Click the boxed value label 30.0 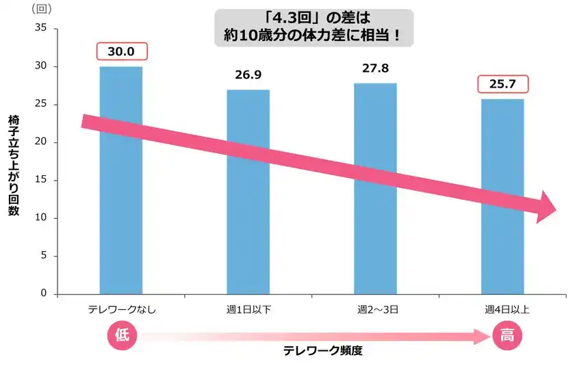(x=122, y=52)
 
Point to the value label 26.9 (x=248, y=75)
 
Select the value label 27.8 (x=376, y=69)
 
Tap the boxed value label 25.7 (x=503, y=84)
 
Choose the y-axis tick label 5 (x=42, y=256)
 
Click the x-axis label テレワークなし (x=122, y=309)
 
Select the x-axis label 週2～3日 (x=375, y=309)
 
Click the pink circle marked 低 (x=122, y=335)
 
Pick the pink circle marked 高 (x=507, y=335)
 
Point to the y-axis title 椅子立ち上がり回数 (x=14, y=164)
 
